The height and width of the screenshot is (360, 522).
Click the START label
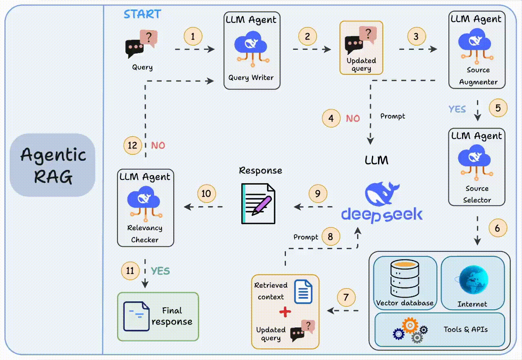point(142,14)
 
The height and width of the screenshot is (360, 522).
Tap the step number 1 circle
point(193,36)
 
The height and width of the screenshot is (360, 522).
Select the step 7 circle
point(346,297)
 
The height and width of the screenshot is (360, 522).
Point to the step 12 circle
point(133,145)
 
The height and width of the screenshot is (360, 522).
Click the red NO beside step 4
point(353,118)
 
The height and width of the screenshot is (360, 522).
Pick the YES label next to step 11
point(160,271)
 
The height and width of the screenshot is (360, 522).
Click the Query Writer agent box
point(252,51)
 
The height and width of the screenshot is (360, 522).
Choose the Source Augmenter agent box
point(477,50)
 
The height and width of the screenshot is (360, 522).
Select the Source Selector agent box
point(477,167)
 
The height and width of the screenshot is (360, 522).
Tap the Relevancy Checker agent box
point(146,208)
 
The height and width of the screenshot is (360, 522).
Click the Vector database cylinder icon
point(405,278)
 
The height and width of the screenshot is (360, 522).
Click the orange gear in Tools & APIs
point(410,325)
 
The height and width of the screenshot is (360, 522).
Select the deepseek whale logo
point(382,193)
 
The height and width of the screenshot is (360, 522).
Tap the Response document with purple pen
point(258,204)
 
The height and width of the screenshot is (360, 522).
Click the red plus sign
point(285,312)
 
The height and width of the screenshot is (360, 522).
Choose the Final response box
point(158,317)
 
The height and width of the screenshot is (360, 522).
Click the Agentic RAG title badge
point(53,165)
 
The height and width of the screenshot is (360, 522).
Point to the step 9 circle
point(318,193)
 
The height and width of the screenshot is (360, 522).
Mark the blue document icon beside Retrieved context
point(303,291)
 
